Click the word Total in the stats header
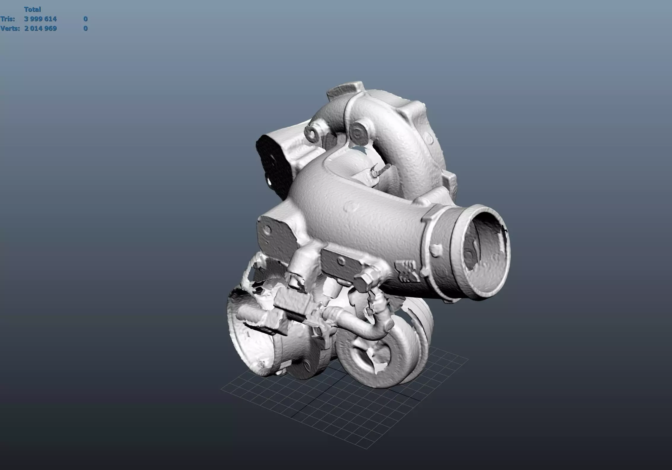pos(32,9)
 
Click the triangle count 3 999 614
pos(40,19)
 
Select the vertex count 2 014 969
pos(40,28)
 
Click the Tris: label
pos(8,19)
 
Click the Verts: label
pos(10,28)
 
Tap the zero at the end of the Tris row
pos(85,19)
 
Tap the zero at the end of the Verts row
pos(85,28)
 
